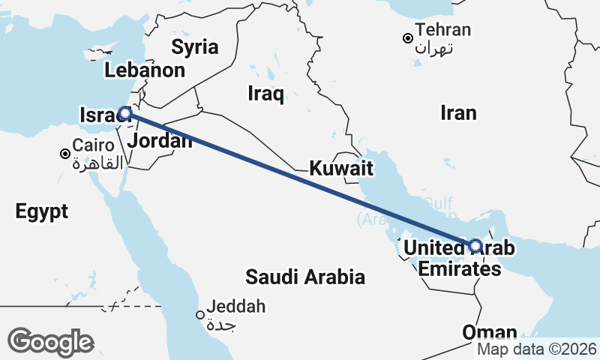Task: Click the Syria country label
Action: (194, 47)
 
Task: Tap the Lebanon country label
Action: (145, 71)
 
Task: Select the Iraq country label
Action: (265, 94)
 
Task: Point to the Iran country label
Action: (458, 112)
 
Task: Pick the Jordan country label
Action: (159, 141)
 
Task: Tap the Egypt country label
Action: (41, 211)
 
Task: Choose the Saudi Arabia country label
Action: (305, 277)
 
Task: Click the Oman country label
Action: (490, 332)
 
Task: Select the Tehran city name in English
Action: (443, 30)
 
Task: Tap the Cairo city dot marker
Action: (65, 154)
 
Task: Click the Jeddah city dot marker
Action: (200, 315)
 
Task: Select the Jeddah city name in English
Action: (236, 307)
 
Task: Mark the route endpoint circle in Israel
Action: (125, 113)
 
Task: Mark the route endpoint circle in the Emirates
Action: (475, 245)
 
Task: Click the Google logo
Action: (50, 342)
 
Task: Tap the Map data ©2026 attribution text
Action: (537, 349)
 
